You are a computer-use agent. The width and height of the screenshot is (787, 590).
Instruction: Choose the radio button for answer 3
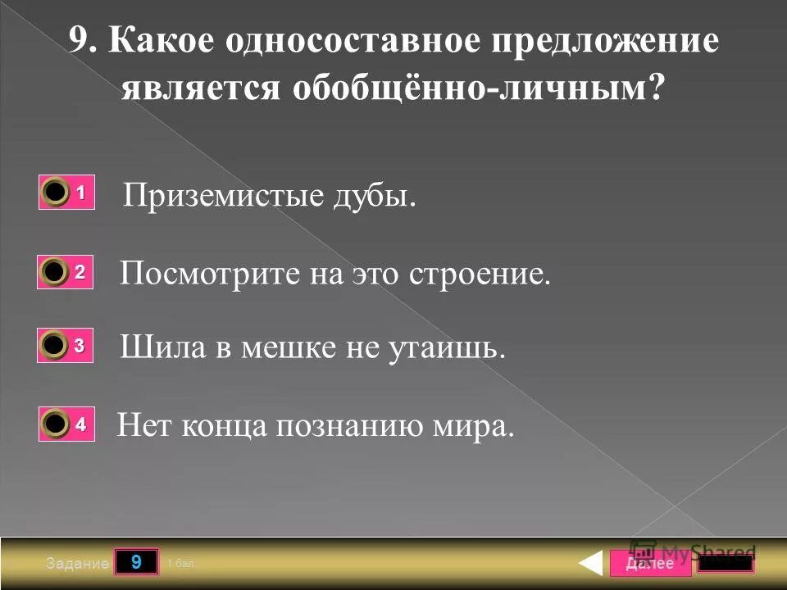(56, 347)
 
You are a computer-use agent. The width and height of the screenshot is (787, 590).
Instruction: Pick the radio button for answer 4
(56, 424)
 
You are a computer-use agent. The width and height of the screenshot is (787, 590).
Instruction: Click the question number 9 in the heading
(81, 41)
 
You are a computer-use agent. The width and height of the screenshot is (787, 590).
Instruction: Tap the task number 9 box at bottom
(136, 562)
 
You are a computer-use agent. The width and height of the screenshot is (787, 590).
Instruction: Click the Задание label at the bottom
(76, 564)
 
